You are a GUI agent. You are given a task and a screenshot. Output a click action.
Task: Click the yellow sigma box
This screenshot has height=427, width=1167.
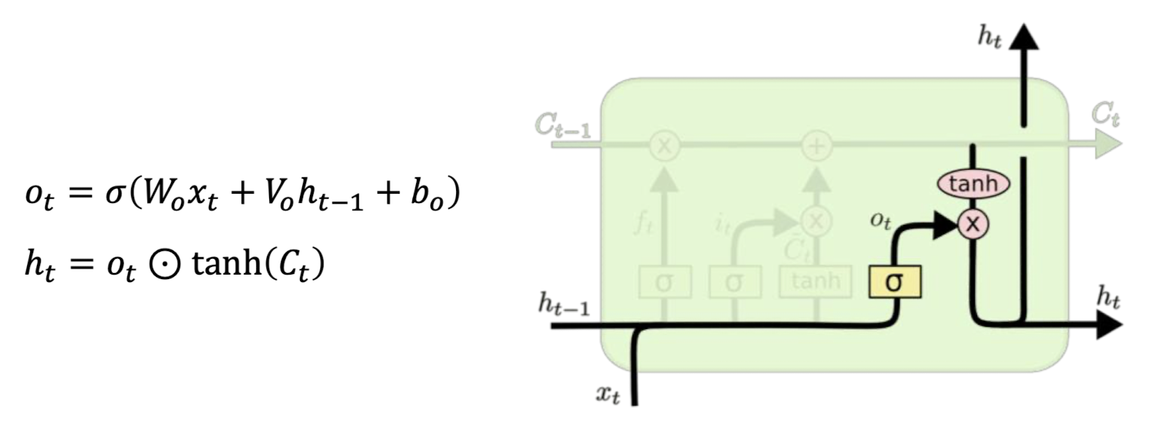coord(895,282)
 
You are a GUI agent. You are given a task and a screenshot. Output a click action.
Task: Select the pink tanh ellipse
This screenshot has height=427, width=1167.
coord(972,183)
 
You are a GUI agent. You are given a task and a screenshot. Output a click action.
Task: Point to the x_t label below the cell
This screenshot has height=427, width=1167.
coord(608,394)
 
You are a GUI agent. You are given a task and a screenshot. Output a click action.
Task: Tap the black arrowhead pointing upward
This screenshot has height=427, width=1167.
coord(1022,36)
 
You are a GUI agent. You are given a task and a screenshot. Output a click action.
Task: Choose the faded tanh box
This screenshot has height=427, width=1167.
coord(815,282)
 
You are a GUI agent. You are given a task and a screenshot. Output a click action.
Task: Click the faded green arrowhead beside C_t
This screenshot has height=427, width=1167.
coord(1108,144)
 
